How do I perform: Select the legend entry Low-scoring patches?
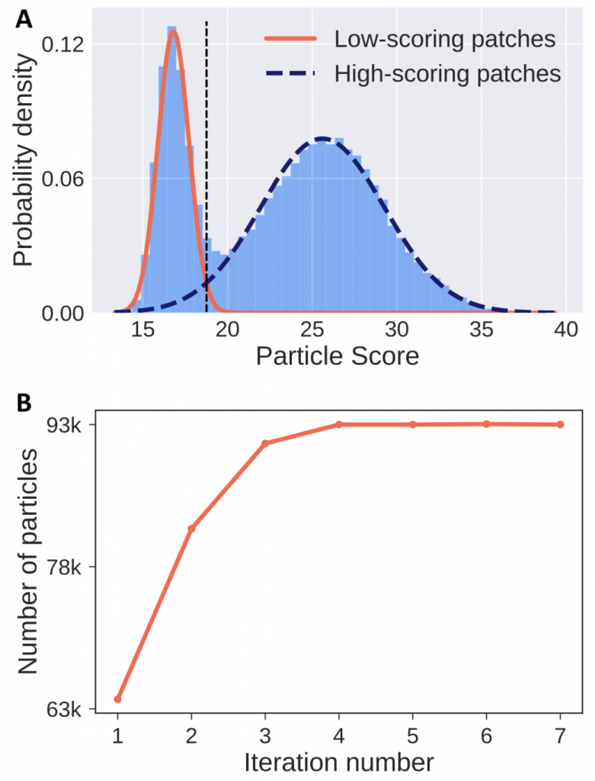coord(444,40)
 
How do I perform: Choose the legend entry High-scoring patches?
coord(447,74)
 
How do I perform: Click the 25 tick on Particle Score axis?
coord(312,330)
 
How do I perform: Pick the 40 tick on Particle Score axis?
coord(565,330)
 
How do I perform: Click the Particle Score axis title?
coord(337,356)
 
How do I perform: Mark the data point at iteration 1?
coord(117,699)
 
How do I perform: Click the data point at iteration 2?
coord(191,529)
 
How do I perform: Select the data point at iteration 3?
coord(265,443)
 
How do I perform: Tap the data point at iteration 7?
coord(560,424)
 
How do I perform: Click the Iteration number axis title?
coord(339,760)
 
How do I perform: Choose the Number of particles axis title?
coord(27,562)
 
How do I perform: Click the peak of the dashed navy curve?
coord(322,139)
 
